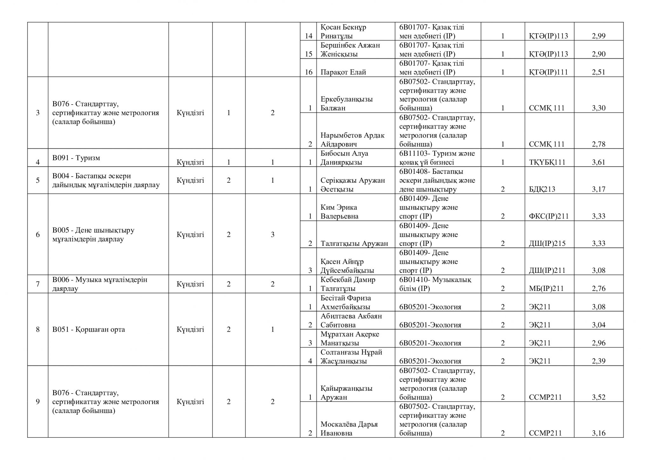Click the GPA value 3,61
coord(599,162)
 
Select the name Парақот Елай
coord(343,72)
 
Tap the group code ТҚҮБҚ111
coord(547,162)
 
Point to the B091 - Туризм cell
coord(76,158)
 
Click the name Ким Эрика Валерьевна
coord(339,212)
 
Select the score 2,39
coord(599,361)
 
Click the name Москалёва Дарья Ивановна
coord(349,429)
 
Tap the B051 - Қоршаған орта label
coord(89,329)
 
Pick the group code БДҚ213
coord(542,189)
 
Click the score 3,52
coord(599,397)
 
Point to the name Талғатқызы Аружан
coord(354,244)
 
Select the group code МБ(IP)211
coord(546,288)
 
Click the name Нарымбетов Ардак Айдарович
coord(352,140)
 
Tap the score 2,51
coord(599,72)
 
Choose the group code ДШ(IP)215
coord(547,244)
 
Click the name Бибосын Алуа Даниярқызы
coord(344,158)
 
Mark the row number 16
coord(309,72)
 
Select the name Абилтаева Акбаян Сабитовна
coord(351,320)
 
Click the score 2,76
coord(599,288)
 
